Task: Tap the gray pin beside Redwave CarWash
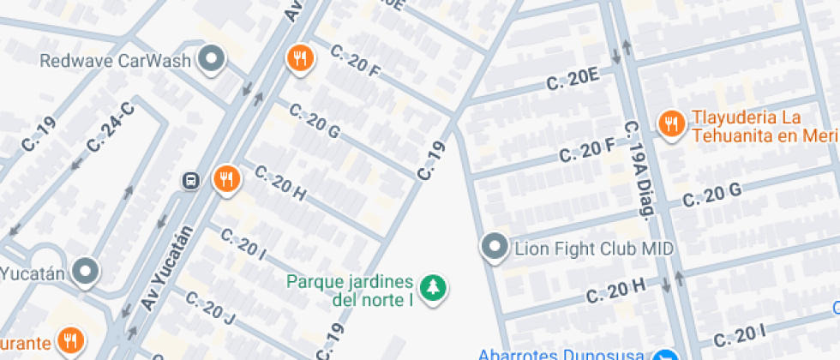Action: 211,60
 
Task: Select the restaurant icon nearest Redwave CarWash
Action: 299,58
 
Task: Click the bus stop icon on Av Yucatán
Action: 190,181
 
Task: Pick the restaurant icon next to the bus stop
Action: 227,179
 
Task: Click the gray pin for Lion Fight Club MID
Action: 495,249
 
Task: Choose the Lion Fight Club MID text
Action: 593,249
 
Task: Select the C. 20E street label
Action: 573,81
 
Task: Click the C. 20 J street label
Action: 208,312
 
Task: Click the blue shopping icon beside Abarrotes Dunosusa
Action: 666,355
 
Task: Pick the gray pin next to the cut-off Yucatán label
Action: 86,273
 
